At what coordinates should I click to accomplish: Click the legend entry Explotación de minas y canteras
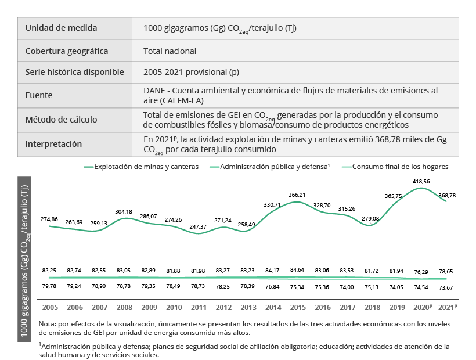pyautogui.click(x=146, y=167)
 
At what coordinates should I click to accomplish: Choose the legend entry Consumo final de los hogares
pyautogui.click(x=401, y=167)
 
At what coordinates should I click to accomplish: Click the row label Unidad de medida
pyautogui.click(x=61, y=28)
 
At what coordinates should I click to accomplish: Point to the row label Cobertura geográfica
pyautogui.click(x=67, y=51)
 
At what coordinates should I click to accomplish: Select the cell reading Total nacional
pyautogui.click(x=170, y=51)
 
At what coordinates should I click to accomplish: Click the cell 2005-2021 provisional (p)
pyautogui.click(x=192, y=73)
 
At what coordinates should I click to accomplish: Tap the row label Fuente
pyautogui.click(x=39, y=95)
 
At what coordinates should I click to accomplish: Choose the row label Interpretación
pyautogui.click(x=54, y=144)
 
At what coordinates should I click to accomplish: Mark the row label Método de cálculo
pyautogui.click(x=62, y=120)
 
